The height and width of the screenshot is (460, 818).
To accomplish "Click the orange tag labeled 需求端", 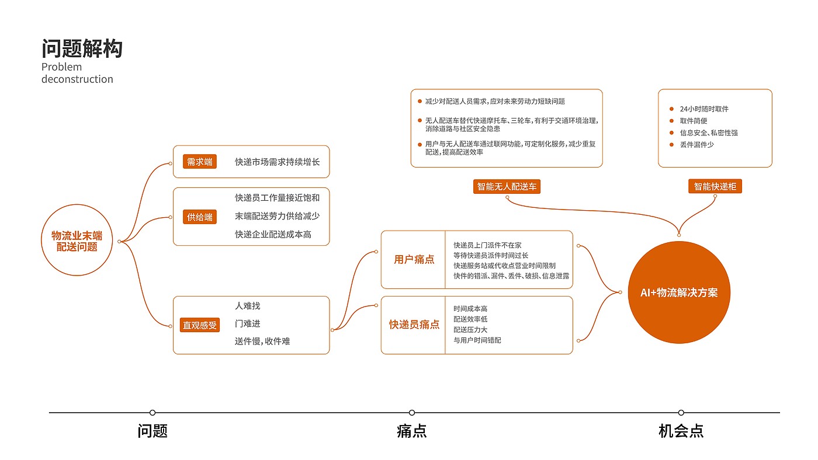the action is pos(200,162).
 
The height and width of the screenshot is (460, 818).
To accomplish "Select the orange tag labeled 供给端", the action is pos(200,217).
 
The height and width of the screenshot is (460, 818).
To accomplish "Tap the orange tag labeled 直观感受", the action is pos(200,325).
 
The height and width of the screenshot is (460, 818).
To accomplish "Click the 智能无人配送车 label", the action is pos(507,186).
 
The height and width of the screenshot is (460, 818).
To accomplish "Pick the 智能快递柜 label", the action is pos(715,186).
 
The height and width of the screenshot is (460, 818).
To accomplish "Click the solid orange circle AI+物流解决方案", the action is pos(679,292).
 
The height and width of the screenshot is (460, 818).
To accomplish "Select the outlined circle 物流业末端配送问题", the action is pos(77,241).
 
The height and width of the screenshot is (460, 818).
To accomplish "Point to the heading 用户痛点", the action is pos(414,260).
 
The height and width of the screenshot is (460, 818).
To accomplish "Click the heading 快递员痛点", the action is pos(414,325).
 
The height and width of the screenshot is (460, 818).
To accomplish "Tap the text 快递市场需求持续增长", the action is pos(278,162).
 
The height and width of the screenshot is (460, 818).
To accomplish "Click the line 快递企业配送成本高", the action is pos(273,234).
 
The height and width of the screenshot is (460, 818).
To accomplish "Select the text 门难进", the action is pos(248,323).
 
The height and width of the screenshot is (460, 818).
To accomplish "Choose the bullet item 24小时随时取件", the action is pos(704,109).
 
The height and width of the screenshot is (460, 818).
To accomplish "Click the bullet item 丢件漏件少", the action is pos(696,144).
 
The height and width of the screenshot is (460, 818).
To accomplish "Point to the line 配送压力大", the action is pos(470,330).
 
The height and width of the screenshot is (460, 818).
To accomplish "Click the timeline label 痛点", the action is pos(412,431).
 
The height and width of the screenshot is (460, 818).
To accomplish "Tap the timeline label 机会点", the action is pos(681,431).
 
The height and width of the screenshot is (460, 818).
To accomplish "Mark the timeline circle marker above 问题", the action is pos(152,413).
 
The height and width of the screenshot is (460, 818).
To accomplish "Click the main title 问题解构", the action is pos(82,48).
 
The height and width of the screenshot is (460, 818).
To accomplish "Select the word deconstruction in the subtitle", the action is pos(77,79).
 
